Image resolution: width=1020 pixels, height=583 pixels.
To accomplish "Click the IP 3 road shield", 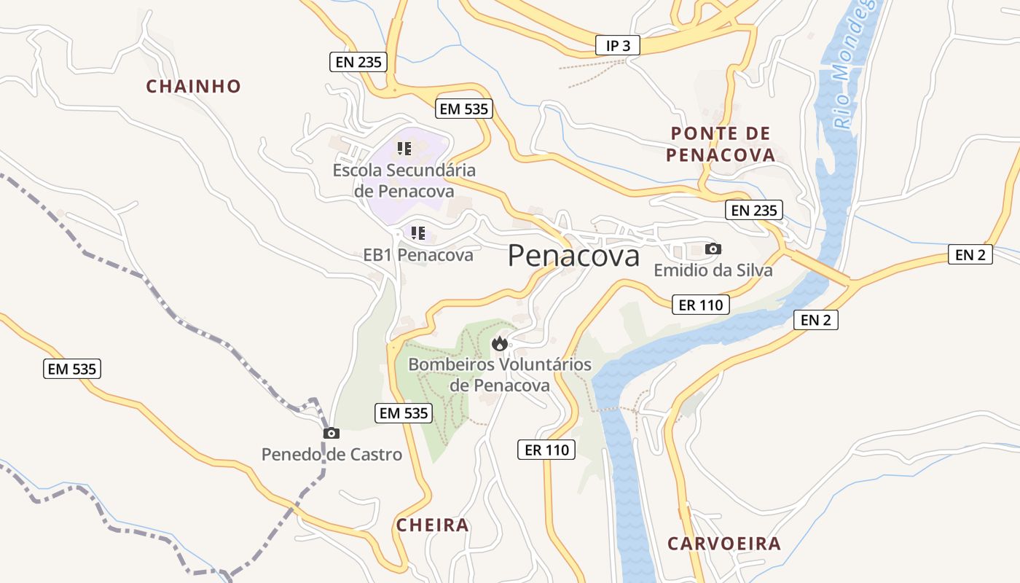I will (x=617, y=45).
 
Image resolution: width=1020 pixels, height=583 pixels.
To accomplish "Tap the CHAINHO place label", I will (x=193, y=86).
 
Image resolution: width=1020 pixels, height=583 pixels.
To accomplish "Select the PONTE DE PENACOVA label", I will (x=721, y=144).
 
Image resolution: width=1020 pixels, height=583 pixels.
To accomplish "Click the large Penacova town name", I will (x=573, y=256).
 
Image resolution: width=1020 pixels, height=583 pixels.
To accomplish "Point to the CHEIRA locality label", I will (x=432, y=525).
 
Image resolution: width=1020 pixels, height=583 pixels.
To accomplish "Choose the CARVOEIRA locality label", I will (x=723, y=543).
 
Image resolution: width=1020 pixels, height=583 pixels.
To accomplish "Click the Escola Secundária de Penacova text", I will (x=404, y=180).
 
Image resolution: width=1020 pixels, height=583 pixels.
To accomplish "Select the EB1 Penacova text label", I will (x=418, y=255).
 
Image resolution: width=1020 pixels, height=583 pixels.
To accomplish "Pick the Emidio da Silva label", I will (x=713, y=270).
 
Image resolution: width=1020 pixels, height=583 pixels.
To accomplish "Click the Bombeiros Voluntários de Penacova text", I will (x=500, y=374).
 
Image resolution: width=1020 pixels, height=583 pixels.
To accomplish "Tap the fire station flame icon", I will (x=500, y=343).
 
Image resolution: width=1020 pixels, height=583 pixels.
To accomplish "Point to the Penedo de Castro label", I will (x=331, y=455).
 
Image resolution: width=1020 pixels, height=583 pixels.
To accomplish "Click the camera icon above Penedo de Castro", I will (x=331, y=433).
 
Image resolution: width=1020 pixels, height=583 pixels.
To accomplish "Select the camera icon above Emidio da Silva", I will (x=713, y=249).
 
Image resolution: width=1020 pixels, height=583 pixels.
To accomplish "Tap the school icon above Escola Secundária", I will (x=404, y=149).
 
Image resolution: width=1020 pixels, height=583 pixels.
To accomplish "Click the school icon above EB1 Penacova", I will (x=418, y=233).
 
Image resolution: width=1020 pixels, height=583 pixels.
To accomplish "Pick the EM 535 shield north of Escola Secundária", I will (x=464, y=109).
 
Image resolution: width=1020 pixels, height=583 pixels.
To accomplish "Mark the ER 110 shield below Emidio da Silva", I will (x=700, y=305).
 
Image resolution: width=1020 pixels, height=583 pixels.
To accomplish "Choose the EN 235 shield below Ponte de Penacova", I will (x=754, y=211).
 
